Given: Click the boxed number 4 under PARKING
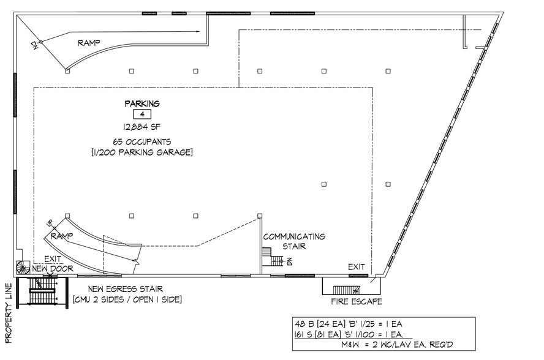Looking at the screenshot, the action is (x=142, y=114).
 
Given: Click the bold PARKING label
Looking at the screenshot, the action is (x=142, y=103).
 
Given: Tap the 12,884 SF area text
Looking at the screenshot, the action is (x=142, y=127).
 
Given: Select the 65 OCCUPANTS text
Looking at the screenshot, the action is (x=142, y=141).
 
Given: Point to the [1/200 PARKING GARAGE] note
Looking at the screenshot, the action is (x=142, y=152).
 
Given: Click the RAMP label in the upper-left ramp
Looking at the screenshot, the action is (x=89, y=43).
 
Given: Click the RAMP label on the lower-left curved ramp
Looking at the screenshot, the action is (x=62, y=236).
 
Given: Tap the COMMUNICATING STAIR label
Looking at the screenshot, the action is (x=294, y=241).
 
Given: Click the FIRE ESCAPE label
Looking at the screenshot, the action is (x=357, y=301).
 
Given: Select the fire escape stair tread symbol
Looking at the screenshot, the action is (x=346, y=290).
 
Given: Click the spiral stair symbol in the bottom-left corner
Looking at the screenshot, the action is (x=23, y=268).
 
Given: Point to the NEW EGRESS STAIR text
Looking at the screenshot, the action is (x=125, y=288).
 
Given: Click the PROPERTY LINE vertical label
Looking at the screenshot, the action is (x=9, y=313).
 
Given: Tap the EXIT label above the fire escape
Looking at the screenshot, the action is (x=357, y=267).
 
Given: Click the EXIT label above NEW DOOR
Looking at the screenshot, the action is (x=53, y=259).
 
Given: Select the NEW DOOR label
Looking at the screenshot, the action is (x=53, y=269).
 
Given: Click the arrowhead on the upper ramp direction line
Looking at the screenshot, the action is (x=198, y=32).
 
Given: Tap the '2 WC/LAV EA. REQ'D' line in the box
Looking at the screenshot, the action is (x=397, y=345).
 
